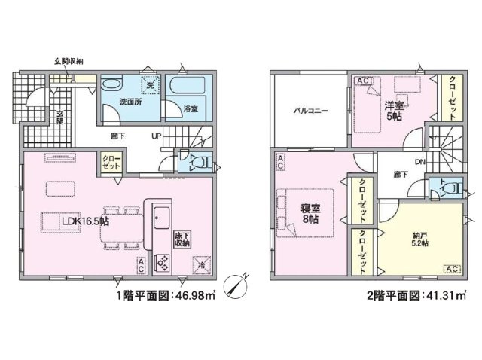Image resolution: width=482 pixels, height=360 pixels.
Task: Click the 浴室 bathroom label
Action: pos(191,110)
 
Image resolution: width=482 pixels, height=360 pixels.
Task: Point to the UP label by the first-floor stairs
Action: pos(157,137)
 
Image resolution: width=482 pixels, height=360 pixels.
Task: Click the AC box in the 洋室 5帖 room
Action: pos(362,81)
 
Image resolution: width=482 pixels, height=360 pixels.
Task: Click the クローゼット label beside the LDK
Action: pos(111,161)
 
